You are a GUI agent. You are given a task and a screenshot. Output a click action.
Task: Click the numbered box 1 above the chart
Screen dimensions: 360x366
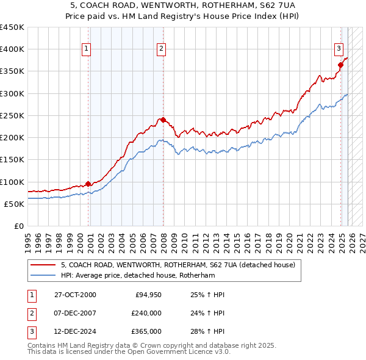tap(87, 49)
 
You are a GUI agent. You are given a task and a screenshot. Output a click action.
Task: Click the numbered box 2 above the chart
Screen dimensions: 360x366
tap(161, 49)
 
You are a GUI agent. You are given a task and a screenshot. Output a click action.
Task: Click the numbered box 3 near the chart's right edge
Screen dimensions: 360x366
tap(339, 49)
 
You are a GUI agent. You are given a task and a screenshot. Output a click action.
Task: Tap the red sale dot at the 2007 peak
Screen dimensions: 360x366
tap(163, 120)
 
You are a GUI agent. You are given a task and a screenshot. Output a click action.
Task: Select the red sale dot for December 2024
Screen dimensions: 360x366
tap(341, 65)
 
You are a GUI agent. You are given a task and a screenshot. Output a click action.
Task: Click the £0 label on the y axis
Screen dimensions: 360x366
tap(19, 226)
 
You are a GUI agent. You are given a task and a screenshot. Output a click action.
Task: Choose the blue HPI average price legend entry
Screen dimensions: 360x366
tap(146, 275)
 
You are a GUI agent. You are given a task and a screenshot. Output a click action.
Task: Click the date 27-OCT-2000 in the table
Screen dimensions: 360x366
tap(75, 295)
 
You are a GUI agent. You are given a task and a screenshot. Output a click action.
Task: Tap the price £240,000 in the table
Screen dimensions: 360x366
tap(146, 313)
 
